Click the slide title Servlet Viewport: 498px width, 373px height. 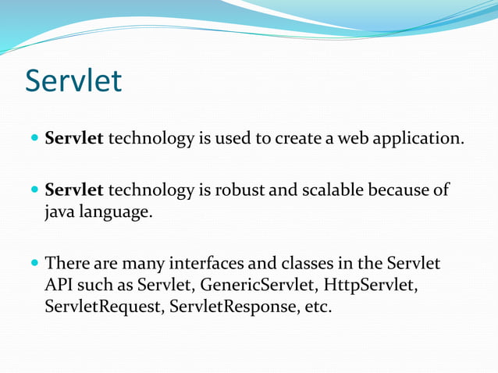coord(73,80)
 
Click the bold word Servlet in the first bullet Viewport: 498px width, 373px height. coord(73,140)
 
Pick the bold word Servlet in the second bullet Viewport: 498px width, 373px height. coord(73,190)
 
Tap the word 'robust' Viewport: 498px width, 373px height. coord(240,190)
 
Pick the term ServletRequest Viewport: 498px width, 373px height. coord(101,307)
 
